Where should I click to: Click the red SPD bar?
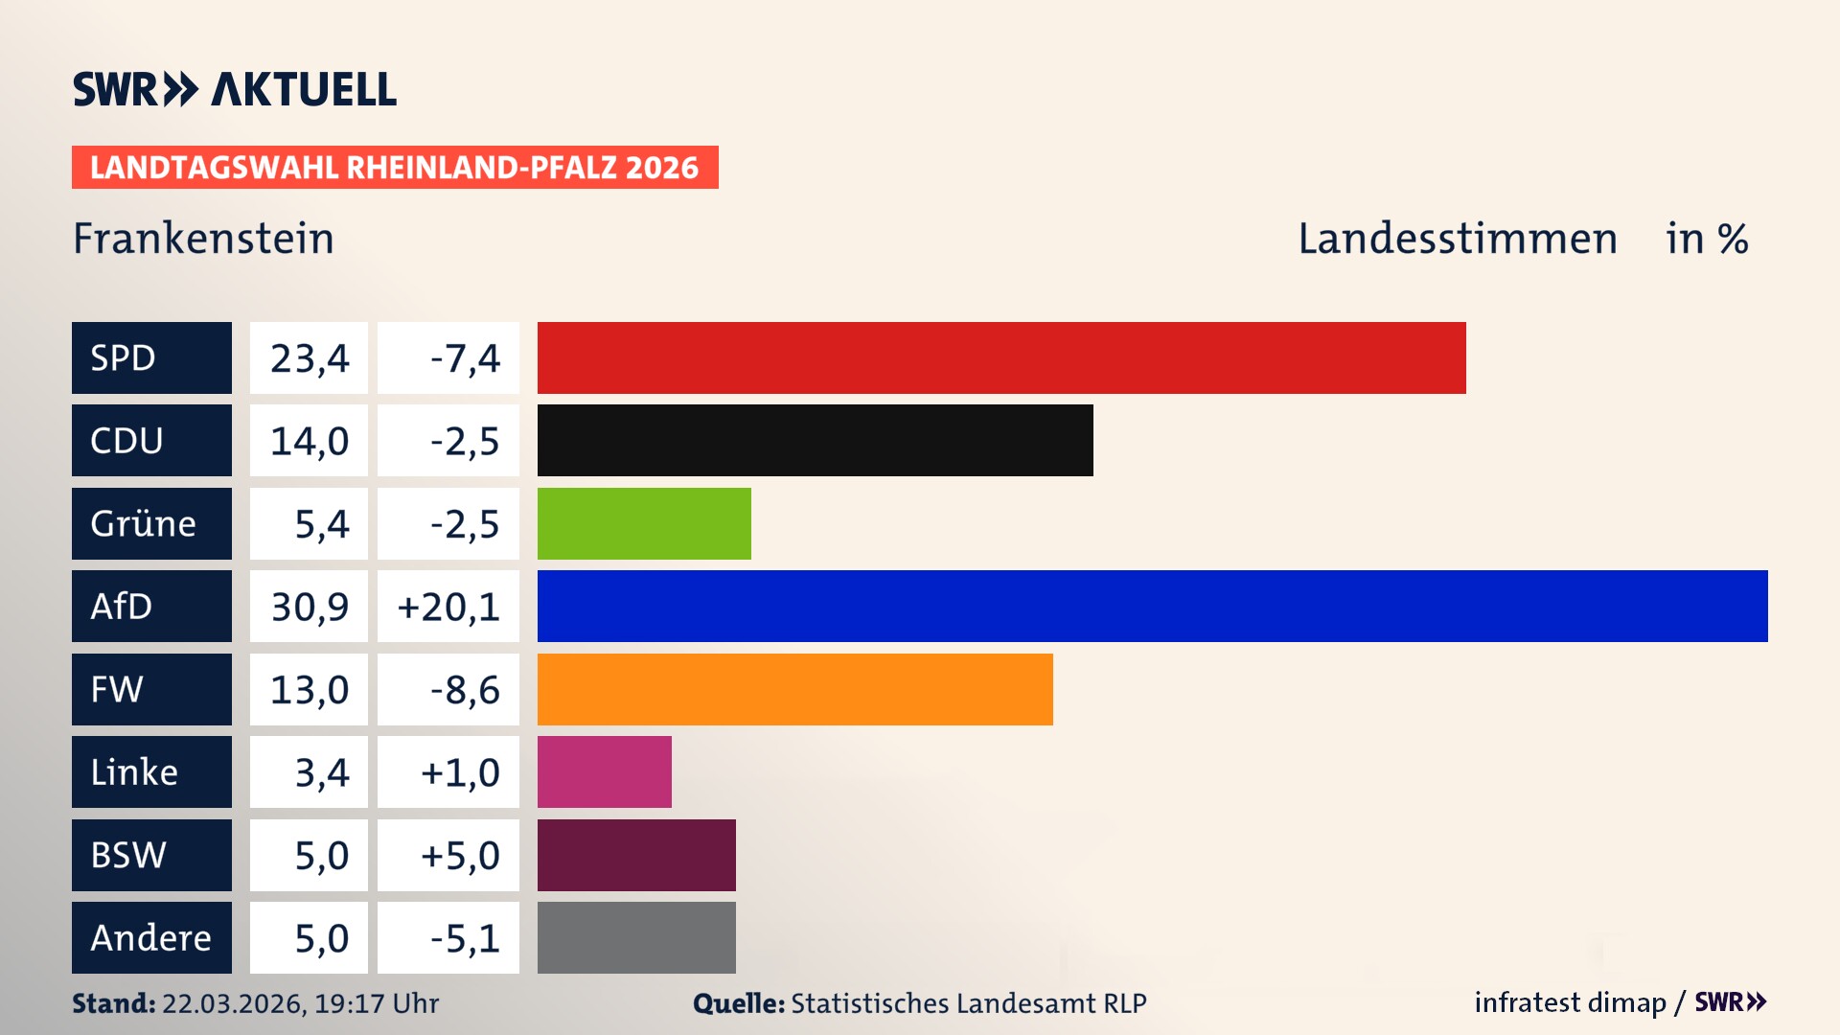click(x=1001, y=357)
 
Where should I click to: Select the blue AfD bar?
click(x=1152, y=606)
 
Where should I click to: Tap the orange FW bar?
click(x=794, y=689)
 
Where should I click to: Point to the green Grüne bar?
click(x=644, y=523)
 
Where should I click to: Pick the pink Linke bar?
click(x=604, y=771)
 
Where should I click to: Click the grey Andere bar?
click(x=636, y=937)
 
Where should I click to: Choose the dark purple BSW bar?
click(x=636, y=855)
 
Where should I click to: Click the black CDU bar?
click(x=815, y=440)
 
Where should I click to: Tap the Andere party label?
click(x=151, y=937)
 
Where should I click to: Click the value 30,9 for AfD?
click(x=310, y=607)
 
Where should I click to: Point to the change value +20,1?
click(x=448, y=607)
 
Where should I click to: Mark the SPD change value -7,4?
click(x=465, y=358)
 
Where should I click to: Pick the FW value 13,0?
click(x=310, y=690)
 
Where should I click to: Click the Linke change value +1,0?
click(x=460, y=772)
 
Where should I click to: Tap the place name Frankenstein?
click(x=203, y=239)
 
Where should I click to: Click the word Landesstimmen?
click(x=1457, y=239)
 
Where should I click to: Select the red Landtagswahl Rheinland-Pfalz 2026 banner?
click(x=395, y=167)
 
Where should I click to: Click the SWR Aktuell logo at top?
click(x=235, y=89)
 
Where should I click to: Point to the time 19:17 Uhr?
click(x=377, y=1003)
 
